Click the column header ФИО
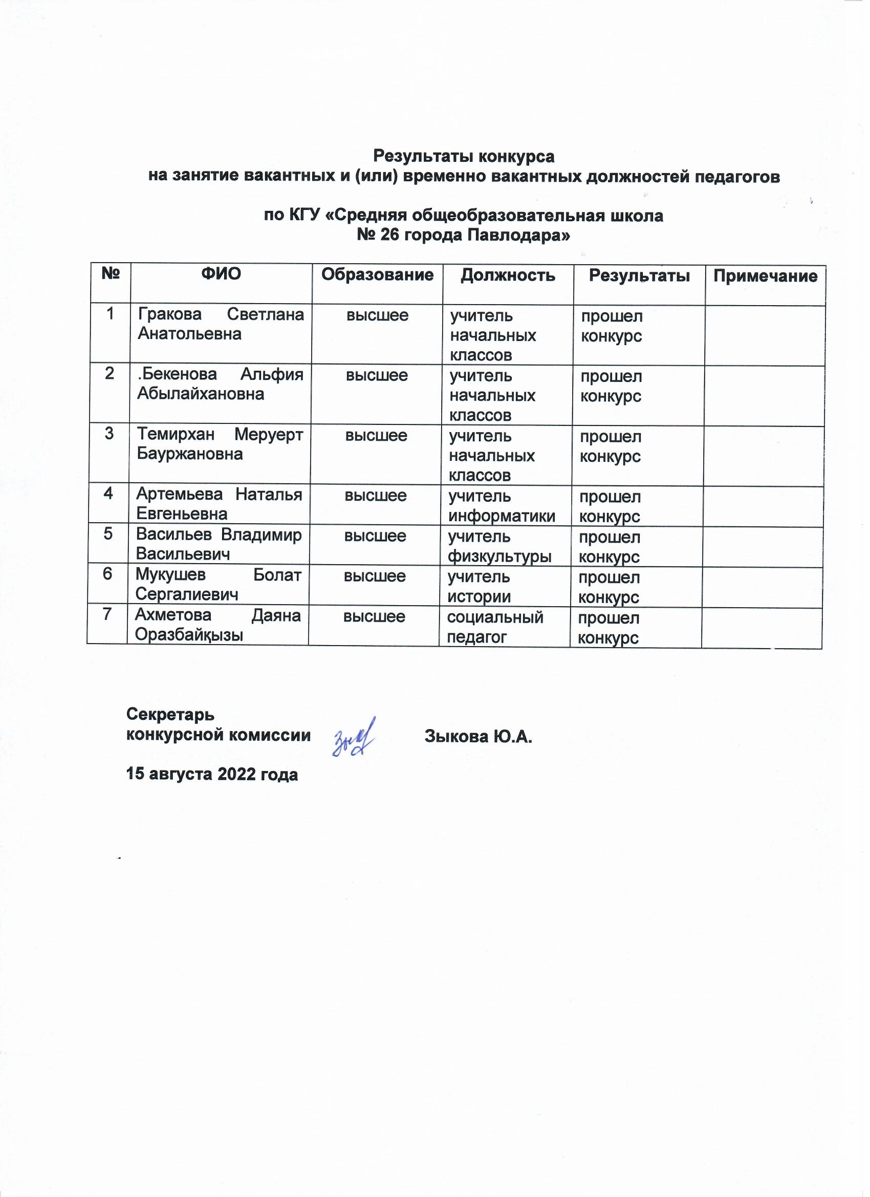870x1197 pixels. [221, 274]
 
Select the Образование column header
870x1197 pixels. [377, 274]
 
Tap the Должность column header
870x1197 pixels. [508, 275]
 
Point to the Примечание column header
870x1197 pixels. [765, 276]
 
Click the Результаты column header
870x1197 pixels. [639, 275]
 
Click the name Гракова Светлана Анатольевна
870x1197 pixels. [221, 324]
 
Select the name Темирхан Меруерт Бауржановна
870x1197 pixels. [220, 444]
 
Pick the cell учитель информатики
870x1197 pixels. [501, 506]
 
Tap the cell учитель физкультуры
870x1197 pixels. [499, 546]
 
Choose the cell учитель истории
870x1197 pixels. [479, 586]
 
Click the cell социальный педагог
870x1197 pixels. [495, 627]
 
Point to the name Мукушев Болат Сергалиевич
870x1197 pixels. [218, 584]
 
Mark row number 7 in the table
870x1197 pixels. [107, 614]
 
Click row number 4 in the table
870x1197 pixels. [108, 494]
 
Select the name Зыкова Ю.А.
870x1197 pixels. [478, 736]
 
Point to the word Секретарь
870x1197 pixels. [170, 714]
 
